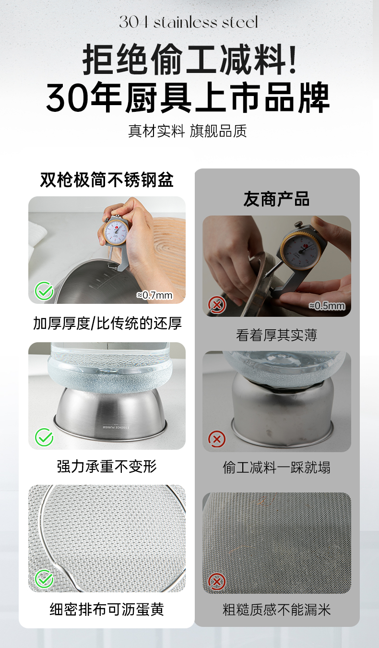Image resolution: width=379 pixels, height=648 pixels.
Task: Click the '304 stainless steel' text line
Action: coord(189,22)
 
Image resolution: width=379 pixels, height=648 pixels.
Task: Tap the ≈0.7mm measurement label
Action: coord(154,295)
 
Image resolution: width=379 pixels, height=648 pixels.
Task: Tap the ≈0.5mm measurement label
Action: coord(327,306)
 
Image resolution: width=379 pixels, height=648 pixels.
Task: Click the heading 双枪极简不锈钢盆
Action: coord(107,180)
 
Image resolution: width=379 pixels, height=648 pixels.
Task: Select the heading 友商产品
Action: coord(276,199)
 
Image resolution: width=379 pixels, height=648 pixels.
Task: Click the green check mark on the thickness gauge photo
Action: coord(44,291)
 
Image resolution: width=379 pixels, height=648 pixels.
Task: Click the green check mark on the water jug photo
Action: coord(44,437)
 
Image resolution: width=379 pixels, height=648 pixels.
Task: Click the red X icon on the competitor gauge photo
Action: coord(217,305)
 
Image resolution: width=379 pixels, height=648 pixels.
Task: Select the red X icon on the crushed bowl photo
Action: coord(217,439)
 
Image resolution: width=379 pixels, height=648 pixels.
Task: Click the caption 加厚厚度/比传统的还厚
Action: coord(107,323)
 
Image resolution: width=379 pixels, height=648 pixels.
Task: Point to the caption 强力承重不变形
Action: coord(107,466)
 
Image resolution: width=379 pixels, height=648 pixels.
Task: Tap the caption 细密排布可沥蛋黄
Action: coord(107,609)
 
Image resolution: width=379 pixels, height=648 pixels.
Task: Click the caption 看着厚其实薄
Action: coord(276,335)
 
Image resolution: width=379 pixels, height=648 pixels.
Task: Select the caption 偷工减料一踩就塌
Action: coord(276,467)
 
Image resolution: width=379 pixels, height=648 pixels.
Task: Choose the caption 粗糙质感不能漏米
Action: coord(276,610)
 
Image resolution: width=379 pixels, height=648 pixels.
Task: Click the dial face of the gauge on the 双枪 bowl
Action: coord(116,232)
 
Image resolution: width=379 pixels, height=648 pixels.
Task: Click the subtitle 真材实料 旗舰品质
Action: coord(187,131)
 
